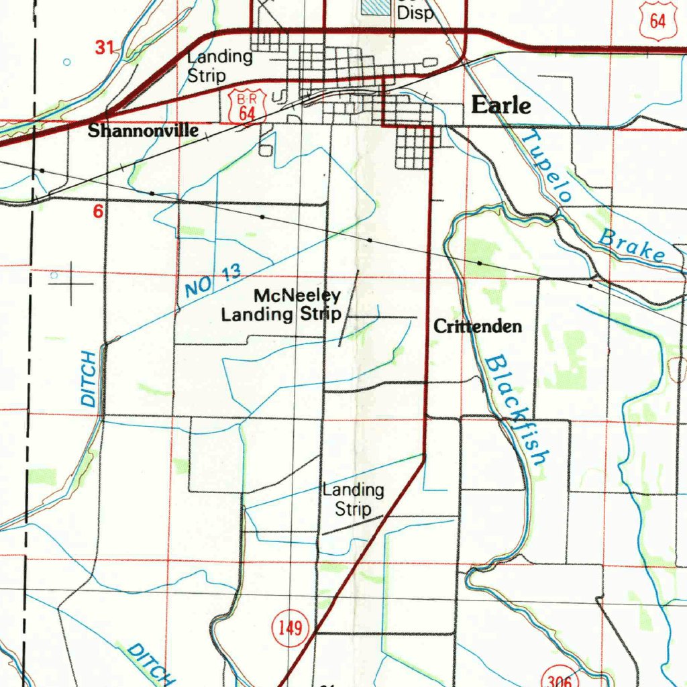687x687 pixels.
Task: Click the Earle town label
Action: (500, 105)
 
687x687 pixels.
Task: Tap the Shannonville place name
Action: (143, 130)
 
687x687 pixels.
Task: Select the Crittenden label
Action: (478, 327)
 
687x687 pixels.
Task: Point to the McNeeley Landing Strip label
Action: (282, 305)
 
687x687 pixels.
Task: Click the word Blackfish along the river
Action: (515, 409)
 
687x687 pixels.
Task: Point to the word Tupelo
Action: (547, 166)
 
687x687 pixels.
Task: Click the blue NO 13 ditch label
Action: (212, 281)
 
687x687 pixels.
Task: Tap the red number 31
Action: (105, 48)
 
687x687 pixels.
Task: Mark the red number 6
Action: (99, 212)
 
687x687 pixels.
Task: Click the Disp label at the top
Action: (416, 11)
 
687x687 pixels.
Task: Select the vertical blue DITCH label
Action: (89, 378)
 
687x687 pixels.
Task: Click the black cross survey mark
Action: (70, 284)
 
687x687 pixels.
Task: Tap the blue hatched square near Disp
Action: (375, 7)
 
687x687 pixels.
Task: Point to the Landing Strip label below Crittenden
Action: (353, 500)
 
